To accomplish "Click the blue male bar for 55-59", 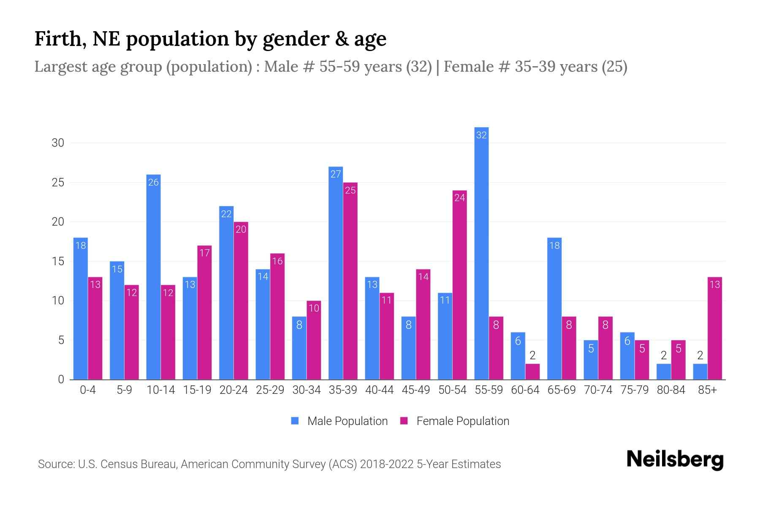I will click(x=481, y=253).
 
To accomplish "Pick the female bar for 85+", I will click(x=714, y=328).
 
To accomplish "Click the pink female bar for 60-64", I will click(x=532, y=371).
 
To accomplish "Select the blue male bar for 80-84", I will click(x=663, y=371).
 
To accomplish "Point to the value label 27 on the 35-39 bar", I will click(x=336, y=174).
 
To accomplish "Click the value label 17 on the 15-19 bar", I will click(x=204, y=253).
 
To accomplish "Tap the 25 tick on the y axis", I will click(x=58, y=183).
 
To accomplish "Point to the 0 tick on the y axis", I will click(x=61, y=379).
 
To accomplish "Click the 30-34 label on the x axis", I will click(x=307, y=390).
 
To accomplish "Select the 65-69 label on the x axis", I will click(x=561, y=390).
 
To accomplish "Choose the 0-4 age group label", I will click(x=88, y=390).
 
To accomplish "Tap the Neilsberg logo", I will click(x=675, y=459).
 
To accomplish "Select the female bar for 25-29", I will click(x=277, y=316).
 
